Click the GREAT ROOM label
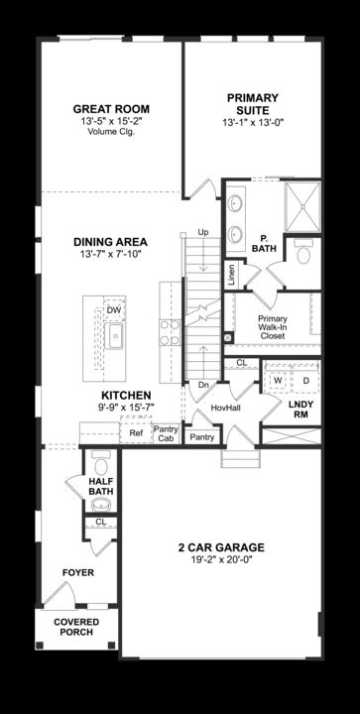[111, 109]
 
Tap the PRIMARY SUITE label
[253, 104]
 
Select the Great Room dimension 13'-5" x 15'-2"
[111, 122]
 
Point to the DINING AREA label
[111, 242]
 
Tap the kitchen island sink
[115, 335]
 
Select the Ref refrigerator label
[136, 433]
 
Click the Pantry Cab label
[166, 433]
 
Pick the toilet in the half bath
[101, 463]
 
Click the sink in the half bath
[101, 505]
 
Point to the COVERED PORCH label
[76, 627]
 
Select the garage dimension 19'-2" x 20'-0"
[221, 559]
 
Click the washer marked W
[278, 380]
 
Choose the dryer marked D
[305, 380]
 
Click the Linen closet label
[232, 275]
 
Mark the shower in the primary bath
[302, 206]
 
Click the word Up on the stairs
[203, 232]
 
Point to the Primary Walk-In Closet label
[272, 327]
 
